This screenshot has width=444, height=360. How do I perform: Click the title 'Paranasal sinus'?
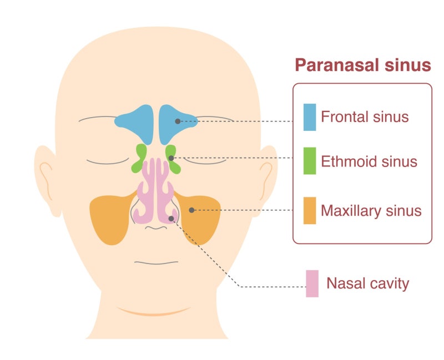click(363, 65)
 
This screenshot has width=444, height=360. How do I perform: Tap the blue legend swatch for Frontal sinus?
click(310, 117)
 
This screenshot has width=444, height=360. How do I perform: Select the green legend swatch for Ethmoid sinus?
click(310, 161)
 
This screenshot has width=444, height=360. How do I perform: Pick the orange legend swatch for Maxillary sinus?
click(310, 211)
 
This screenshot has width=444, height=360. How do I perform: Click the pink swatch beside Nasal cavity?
click(312, 283)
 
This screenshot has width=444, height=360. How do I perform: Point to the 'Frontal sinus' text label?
click(365, 116)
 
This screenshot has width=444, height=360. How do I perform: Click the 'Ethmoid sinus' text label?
click(369, 161)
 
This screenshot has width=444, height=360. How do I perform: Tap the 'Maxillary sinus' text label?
click(371, 211)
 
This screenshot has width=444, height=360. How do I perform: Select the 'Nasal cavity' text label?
click(368, 283)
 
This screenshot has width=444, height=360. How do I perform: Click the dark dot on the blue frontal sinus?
click(178, 121)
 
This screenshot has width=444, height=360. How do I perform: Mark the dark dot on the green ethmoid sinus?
click(171, 158)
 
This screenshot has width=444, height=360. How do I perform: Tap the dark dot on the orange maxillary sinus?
click(191, 210)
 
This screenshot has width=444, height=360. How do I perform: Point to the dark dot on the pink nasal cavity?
click(171, 219)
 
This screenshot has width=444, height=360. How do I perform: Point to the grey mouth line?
click(157, 263)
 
